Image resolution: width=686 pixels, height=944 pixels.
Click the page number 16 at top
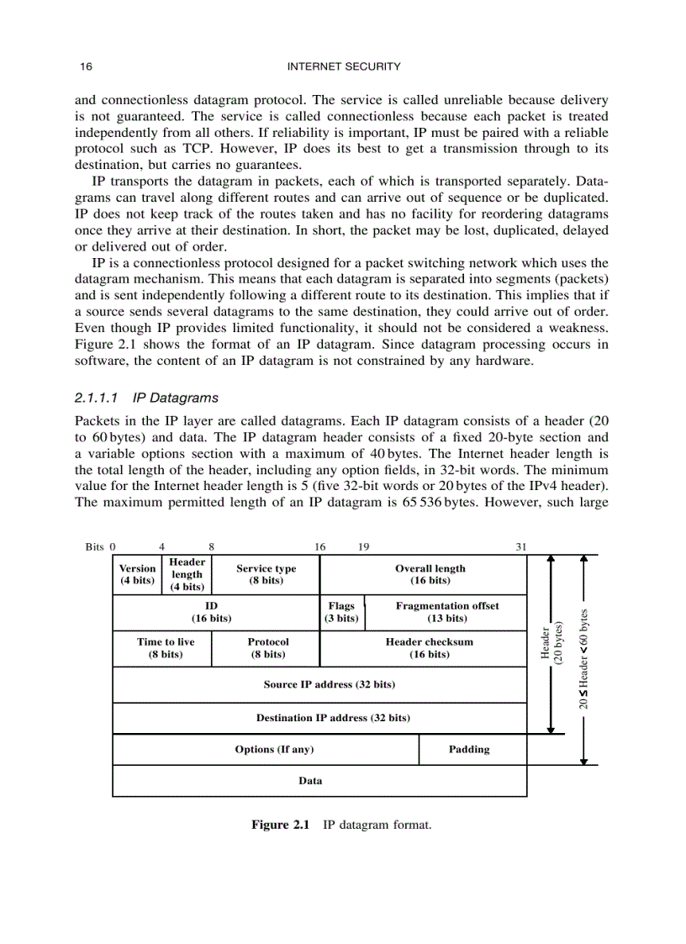[85, 66]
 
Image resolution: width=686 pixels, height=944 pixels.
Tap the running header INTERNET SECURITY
[344, 66]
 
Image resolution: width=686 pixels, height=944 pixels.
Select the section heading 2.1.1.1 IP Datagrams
[146, 398]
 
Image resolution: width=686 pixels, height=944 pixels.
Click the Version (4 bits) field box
[137, 574]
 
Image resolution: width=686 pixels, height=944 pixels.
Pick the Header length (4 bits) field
[187, 574]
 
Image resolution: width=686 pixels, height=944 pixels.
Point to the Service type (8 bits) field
[266, 574]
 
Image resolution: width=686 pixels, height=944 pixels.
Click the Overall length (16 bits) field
[430, 574]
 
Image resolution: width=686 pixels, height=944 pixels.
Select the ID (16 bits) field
[211, 612]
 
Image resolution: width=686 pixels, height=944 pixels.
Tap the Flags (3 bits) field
[341, 612]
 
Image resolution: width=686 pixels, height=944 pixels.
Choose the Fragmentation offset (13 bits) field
[446, 612]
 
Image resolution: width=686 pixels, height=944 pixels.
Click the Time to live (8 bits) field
[166, 648]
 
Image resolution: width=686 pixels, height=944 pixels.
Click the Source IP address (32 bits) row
[329, 684]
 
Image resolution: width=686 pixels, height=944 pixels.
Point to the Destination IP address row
[333, 718]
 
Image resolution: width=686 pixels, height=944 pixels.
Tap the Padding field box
[469, 749]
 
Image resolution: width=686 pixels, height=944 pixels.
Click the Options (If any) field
[274, 749]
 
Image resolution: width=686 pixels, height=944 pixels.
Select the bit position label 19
[364, 546]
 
